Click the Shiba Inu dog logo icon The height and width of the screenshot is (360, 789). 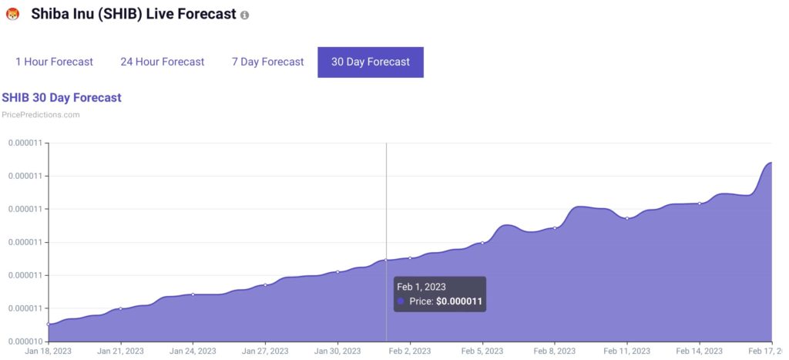[12, 14]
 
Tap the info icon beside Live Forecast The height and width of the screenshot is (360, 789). [245, 15]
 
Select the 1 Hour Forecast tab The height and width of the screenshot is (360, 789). [54, 62]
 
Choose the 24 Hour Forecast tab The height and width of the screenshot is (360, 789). [162, 62]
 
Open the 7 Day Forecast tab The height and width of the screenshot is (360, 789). [267, 62]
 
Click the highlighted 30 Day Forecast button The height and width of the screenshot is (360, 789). [370, 62]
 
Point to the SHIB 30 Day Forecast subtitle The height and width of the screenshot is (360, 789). [62, 98]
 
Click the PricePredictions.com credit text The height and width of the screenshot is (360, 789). [41, 115]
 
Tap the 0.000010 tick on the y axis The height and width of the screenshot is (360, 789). [25, 341]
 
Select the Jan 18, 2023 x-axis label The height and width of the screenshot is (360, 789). [48, 351]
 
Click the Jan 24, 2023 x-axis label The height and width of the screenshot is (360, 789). [193, 351]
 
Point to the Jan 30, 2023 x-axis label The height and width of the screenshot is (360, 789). [337, 351]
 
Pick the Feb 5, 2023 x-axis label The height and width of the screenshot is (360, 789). [482, 351]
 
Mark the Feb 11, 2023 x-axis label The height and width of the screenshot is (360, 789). [627, 351]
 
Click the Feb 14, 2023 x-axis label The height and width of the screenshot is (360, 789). [700, 351]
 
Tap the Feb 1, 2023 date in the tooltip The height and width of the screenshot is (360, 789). [422, 287]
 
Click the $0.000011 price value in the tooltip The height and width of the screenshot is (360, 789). [459, 301]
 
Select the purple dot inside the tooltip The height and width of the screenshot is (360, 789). [401, 301]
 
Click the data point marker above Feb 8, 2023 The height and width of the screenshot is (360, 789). [555, 228]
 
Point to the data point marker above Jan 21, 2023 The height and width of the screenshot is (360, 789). [120, 308]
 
